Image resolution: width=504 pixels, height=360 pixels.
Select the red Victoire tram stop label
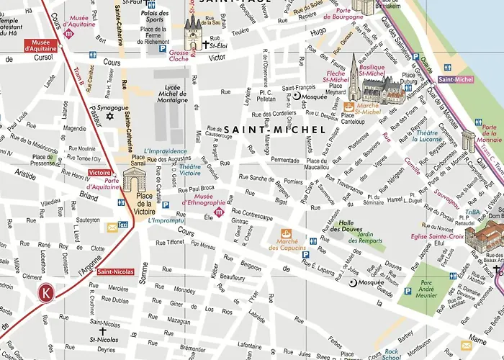99,173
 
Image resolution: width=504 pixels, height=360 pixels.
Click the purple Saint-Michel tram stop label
454,80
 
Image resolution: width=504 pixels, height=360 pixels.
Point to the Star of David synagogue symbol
109,115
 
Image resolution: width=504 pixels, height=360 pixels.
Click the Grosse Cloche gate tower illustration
194,32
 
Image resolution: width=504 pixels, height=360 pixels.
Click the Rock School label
392,352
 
